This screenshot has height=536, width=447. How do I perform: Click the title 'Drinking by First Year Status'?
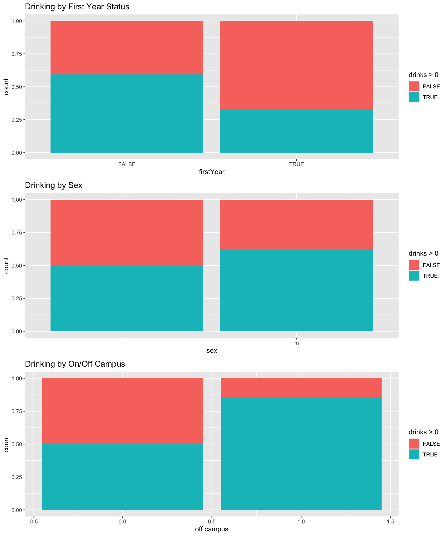click(x=77, y=7)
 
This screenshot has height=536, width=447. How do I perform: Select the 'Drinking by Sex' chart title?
click(x=53, y=185)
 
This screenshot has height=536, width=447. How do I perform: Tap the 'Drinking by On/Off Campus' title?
click(x=75, y=364)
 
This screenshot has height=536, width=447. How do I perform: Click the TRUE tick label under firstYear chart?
click(x=296, y=164)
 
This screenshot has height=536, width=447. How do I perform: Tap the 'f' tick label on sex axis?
click(x=127, y=343)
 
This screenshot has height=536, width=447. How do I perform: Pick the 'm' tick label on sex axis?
click(x=296, y=343)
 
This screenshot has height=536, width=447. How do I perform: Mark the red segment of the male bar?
click(x=296, y=224)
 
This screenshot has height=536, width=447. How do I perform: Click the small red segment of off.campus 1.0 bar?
click(x=301, y=387)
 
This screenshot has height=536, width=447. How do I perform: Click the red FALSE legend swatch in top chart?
click(x=414, y=86)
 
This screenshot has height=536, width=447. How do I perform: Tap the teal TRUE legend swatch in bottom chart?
click(x=414, y=454)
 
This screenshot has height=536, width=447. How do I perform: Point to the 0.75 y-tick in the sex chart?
click(x=17, y=232)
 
